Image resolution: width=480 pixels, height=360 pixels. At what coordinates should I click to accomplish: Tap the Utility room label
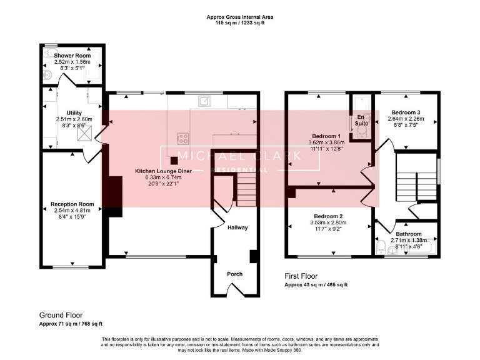74,112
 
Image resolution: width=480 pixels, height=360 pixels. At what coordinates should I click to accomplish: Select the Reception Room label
72,204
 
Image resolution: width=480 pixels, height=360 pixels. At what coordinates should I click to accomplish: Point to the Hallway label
237,227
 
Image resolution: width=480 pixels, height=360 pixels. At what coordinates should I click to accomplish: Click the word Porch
234,274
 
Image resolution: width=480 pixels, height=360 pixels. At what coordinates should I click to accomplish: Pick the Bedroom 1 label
326,136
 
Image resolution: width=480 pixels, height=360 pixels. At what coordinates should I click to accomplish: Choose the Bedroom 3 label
404,112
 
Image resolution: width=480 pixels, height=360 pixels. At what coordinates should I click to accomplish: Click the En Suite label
361,119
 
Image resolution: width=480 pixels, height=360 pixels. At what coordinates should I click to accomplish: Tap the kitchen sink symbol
204,101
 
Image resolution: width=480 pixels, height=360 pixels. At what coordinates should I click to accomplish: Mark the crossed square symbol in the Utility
82,132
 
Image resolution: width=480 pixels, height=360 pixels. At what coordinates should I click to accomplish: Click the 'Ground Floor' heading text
61,316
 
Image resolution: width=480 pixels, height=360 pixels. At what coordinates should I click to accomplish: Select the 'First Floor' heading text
301,276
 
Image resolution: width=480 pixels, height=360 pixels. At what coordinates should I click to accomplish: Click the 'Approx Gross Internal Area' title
240,17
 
